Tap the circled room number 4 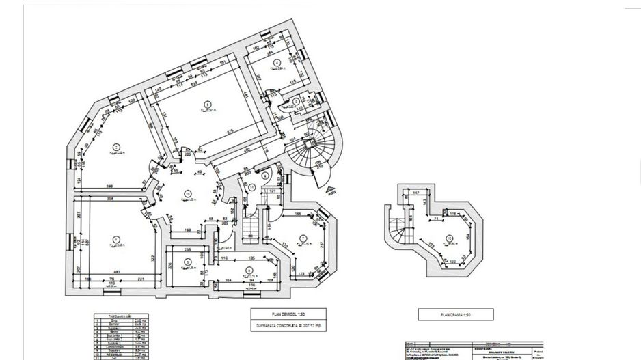(276, 63)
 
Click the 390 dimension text (109, 186)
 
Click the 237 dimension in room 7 (320, 245)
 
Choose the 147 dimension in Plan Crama (415, 194)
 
